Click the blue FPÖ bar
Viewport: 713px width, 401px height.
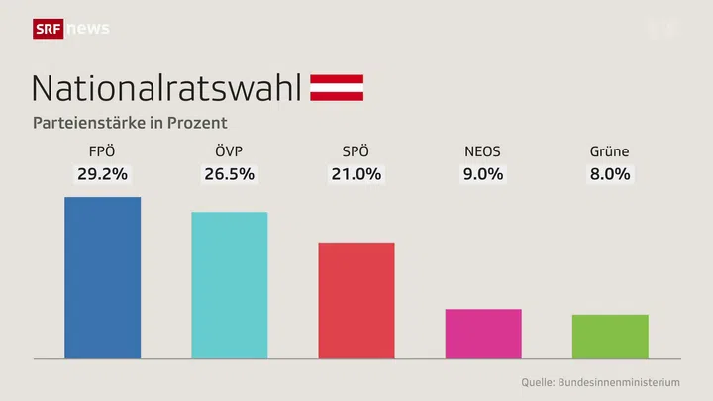[102, 277]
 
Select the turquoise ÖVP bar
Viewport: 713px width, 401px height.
[229, 284]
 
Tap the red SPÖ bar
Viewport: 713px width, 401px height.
[356, 300]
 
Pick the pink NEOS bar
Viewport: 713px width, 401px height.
[483, 333]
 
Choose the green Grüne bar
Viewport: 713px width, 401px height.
[610, 336]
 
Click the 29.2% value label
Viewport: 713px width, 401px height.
[102, 174]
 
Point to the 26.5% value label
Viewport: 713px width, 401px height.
[229, 174]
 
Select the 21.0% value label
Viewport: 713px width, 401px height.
[356, 174]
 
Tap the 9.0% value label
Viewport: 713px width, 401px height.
[483, 174]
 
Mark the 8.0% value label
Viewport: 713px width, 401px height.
[610, 174]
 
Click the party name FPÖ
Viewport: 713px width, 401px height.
[102, 151]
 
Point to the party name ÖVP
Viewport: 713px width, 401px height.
[229, 151]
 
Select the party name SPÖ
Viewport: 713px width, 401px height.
[356, 151]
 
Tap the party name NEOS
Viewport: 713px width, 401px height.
[483, 151]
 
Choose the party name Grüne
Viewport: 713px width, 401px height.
[610, 151]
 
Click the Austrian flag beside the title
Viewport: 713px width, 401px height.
[337, 87]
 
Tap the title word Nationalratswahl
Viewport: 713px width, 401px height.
[166, 87]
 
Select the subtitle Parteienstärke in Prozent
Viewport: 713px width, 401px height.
[130, 123]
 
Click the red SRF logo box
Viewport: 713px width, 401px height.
[49, 28]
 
